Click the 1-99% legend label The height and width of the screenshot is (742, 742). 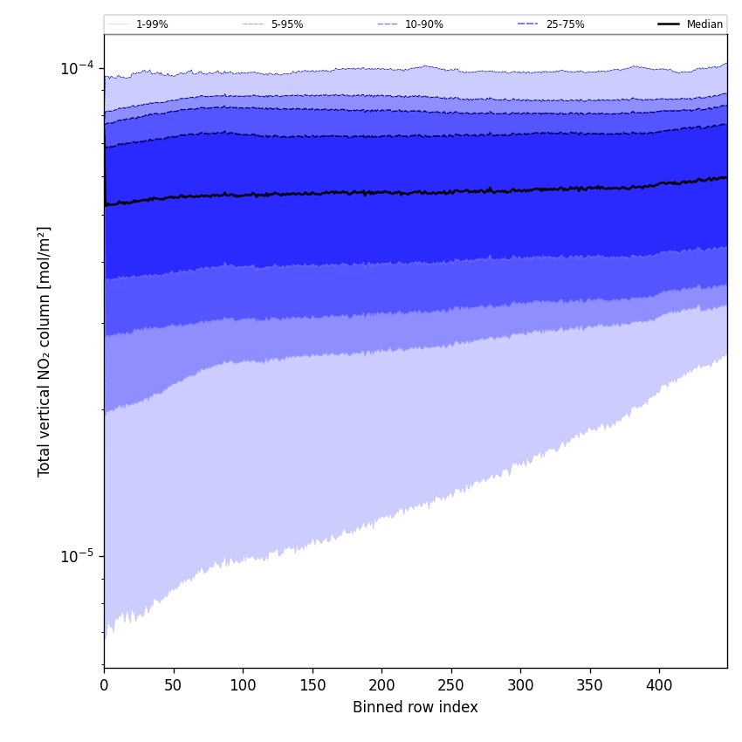pos(152,24)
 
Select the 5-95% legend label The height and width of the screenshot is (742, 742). pos(287,24)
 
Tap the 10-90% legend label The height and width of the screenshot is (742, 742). pos(424,24)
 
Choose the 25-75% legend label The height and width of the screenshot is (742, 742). pos(565,24)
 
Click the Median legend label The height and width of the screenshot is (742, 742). pos(704,24)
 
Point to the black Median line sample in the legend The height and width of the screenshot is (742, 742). pos(669,24)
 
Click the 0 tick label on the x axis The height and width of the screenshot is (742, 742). pos(104,686)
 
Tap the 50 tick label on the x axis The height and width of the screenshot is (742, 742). pos(173,686)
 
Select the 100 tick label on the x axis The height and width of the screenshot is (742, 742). pos(243,686)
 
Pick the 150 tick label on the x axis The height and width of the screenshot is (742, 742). pos(312,686)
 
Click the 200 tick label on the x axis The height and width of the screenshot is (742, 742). pos(381,686)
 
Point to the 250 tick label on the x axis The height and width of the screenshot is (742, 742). pos(450,686)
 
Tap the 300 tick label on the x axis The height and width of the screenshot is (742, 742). pos(520,686)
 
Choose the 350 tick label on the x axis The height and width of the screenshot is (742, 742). pos(589,686)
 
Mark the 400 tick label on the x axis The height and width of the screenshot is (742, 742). pos(659,686)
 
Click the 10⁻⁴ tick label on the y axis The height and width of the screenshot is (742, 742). pos(77,68)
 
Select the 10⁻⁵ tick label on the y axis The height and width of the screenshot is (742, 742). pos(77,555)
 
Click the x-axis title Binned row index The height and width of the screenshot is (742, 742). pos(416,708)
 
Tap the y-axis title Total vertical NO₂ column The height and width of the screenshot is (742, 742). pos(45,351)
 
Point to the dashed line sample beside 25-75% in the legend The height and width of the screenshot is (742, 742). pos(528,24)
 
